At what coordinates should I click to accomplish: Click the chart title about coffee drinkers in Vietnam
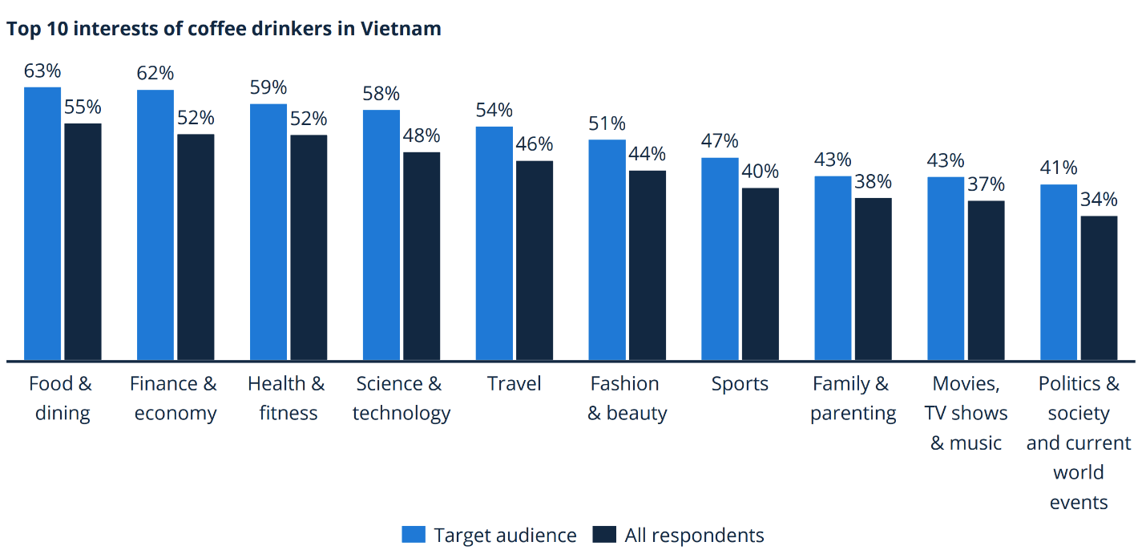point(224,29)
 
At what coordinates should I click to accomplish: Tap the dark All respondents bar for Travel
point(535,261)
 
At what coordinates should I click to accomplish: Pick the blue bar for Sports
point(720,259)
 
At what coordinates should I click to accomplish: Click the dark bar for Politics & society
point(1099,288)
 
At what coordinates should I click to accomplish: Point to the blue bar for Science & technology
point(381,235)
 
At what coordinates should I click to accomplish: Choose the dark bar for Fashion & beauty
point(648,265)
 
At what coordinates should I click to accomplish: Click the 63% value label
point(42,71)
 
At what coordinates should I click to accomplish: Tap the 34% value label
point(1099,200)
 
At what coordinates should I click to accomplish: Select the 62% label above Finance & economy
point(155,74)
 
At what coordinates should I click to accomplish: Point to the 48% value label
point(422,135)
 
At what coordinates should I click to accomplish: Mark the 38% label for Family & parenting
point(874,182)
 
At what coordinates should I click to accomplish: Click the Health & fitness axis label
point(287,398)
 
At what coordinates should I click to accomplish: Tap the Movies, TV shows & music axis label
point(966,414)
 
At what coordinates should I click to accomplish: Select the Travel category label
point(514,384)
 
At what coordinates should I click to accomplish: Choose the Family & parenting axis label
point(853,398)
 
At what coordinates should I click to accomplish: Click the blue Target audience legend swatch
point(414,535)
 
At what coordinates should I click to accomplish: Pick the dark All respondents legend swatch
point(604,535)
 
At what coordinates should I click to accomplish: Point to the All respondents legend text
point(694,535)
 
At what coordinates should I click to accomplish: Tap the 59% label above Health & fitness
point(268,88)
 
